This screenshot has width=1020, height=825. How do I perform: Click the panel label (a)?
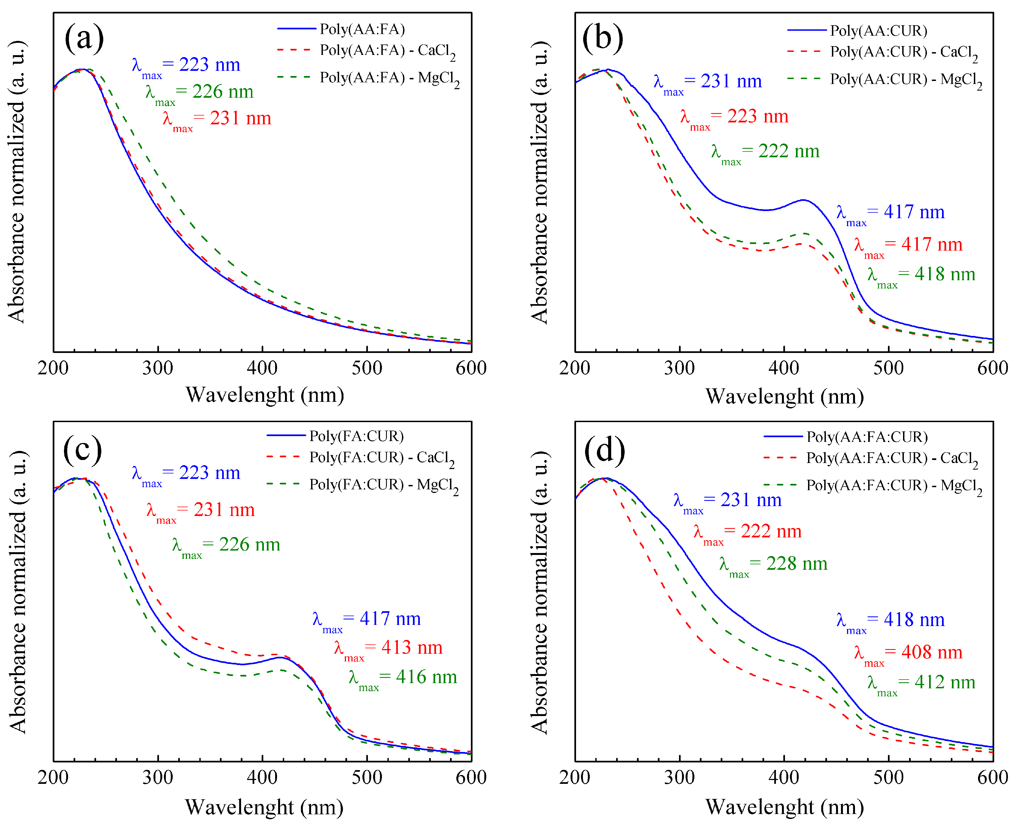(x=84, y=38)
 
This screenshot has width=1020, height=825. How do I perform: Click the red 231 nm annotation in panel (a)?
(x=217, y=119)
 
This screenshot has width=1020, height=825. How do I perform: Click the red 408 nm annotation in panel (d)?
(x=908, y=653)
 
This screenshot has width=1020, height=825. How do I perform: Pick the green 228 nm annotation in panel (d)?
(x=773, y=564)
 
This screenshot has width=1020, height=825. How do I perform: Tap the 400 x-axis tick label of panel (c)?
(x=262, y=778)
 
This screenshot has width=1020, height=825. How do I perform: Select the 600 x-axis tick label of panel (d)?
(x=993, y=778)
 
